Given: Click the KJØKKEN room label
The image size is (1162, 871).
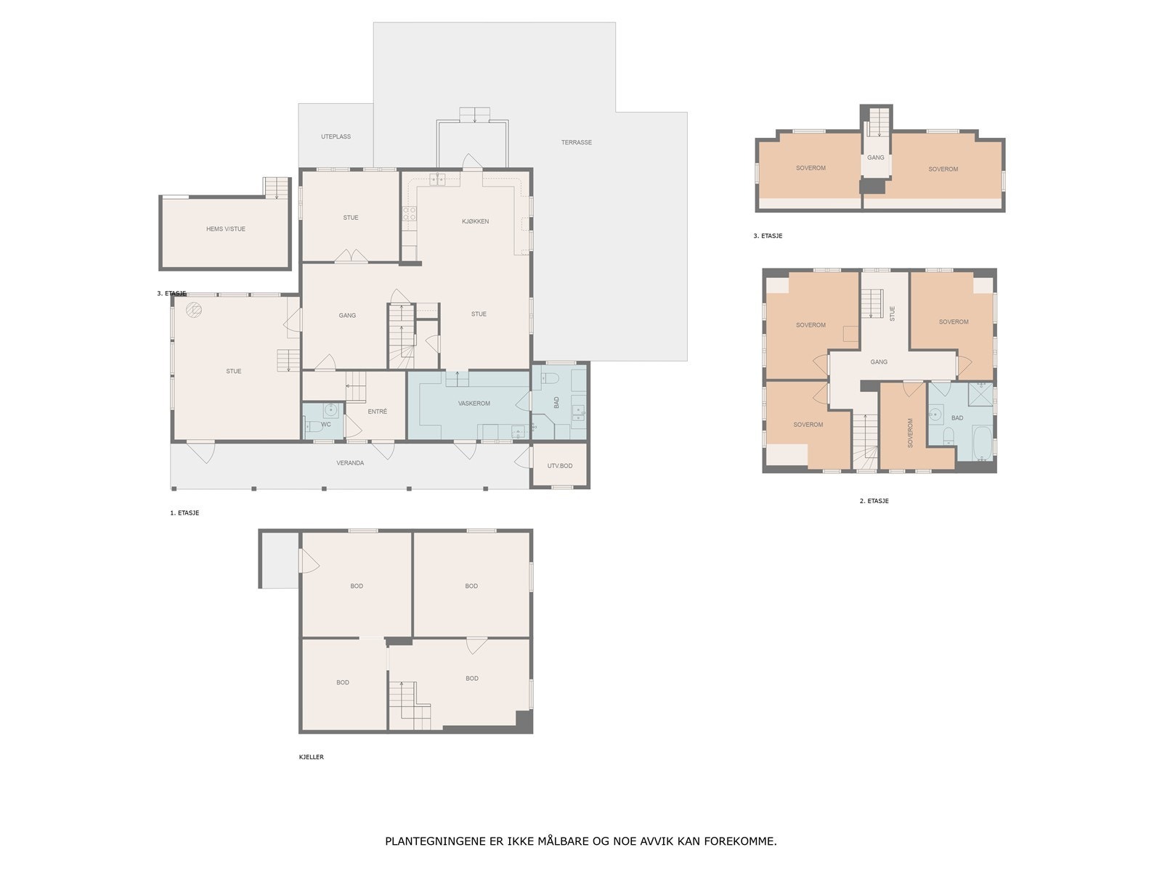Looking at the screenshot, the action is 475,221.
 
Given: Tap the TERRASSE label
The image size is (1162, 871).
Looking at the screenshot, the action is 577,142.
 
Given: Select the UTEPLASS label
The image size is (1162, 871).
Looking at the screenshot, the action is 336,136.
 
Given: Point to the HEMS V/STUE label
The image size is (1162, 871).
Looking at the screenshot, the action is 226,229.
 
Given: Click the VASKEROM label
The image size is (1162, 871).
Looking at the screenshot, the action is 474,404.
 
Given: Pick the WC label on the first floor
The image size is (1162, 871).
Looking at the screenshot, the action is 326,425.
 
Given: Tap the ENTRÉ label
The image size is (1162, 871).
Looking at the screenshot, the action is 377,412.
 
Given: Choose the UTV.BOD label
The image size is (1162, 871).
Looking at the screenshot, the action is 559,466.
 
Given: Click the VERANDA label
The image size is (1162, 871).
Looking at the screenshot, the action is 350,463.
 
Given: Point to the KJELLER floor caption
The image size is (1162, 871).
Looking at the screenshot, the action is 312,757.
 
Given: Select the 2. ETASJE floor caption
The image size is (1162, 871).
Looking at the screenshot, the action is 874,501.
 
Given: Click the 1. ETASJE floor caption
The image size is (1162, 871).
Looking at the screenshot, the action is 184,513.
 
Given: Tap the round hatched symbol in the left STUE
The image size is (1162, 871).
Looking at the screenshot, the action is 194,310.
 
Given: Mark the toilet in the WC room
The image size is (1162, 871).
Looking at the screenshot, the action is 312,426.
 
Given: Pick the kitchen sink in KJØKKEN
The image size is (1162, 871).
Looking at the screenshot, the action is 437,180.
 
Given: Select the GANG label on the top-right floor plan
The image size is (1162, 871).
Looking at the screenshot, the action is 876,158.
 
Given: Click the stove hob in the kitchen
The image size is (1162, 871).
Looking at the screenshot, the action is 409,213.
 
